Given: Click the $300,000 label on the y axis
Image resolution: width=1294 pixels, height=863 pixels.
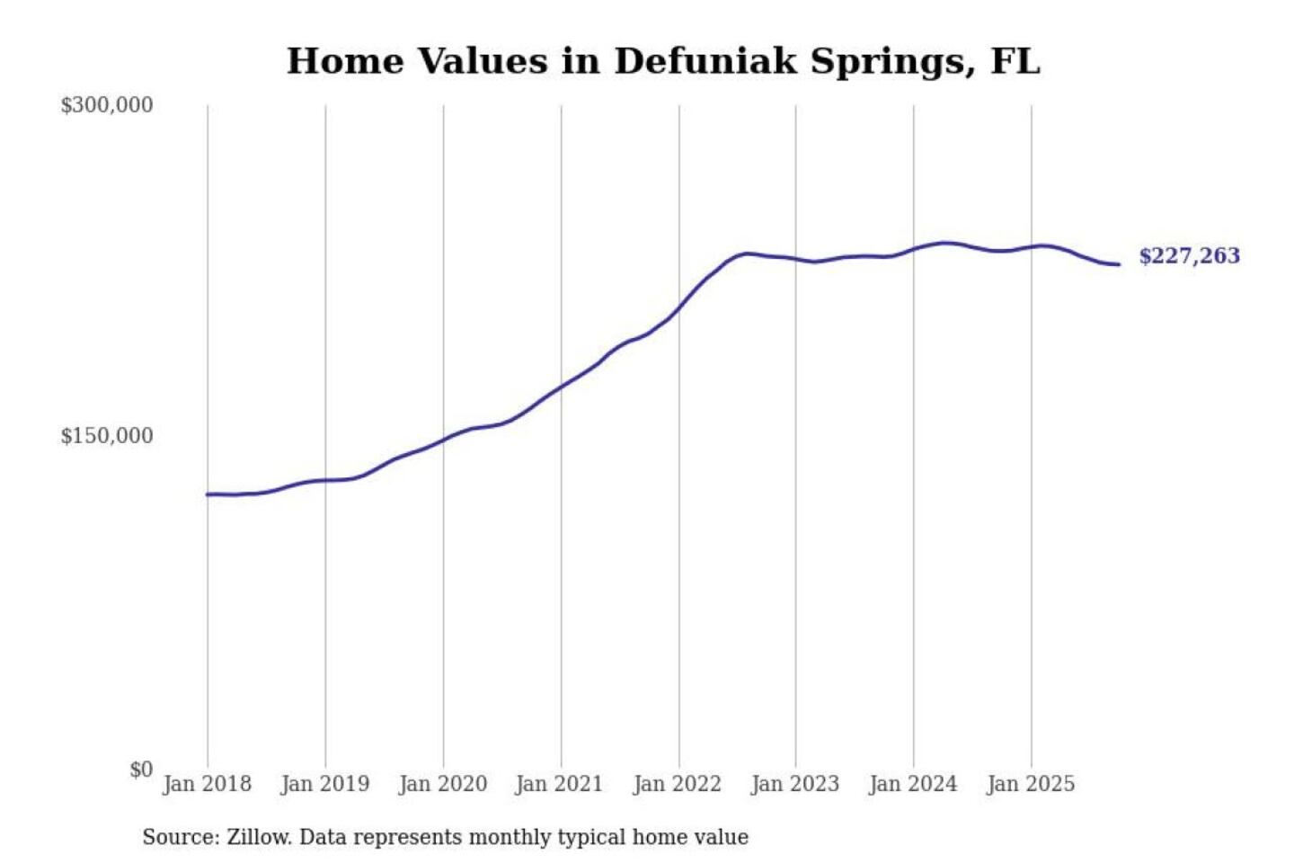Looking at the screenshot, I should [106, 105].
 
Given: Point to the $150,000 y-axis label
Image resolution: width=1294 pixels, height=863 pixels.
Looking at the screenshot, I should [106, 436].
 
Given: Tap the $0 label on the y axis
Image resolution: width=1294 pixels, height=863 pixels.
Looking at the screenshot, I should [141, 770].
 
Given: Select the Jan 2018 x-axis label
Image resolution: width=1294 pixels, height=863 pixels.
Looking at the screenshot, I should [207, 784].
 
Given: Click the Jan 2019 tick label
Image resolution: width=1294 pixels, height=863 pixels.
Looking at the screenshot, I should [324, 784].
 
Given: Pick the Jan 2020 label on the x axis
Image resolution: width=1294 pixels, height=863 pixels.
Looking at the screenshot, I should [442, 784].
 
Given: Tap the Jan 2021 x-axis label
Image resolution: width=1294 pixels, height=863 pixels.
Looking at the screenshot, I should [559, 784].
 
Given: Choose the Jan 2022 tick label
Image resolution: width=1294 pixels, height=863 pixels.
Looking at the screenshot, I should [677, 784].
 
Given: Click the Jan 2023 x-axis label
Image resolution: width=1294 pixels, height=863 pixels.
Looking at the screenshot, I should [794, 784].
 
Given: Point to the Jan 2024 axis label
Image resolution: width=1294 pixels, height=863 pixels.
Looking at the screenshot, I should [912, 784].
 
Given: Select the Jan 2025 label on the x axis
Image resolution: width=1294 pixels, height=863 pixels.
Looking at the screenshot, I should [1030, 784].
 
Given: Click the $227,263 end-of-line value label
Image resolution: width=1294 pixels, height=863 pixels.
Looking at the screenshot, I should [1189, 256].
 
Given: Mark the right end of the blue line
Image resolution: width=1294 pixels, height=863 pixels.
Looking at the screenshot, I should [1118, 264].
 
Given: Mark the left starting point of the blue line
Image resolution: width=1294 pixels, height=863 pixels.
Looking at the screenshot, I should [208, 494].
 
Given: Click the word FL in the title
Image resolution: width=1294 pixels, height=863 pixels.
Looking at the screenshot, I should [1015, 61].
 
